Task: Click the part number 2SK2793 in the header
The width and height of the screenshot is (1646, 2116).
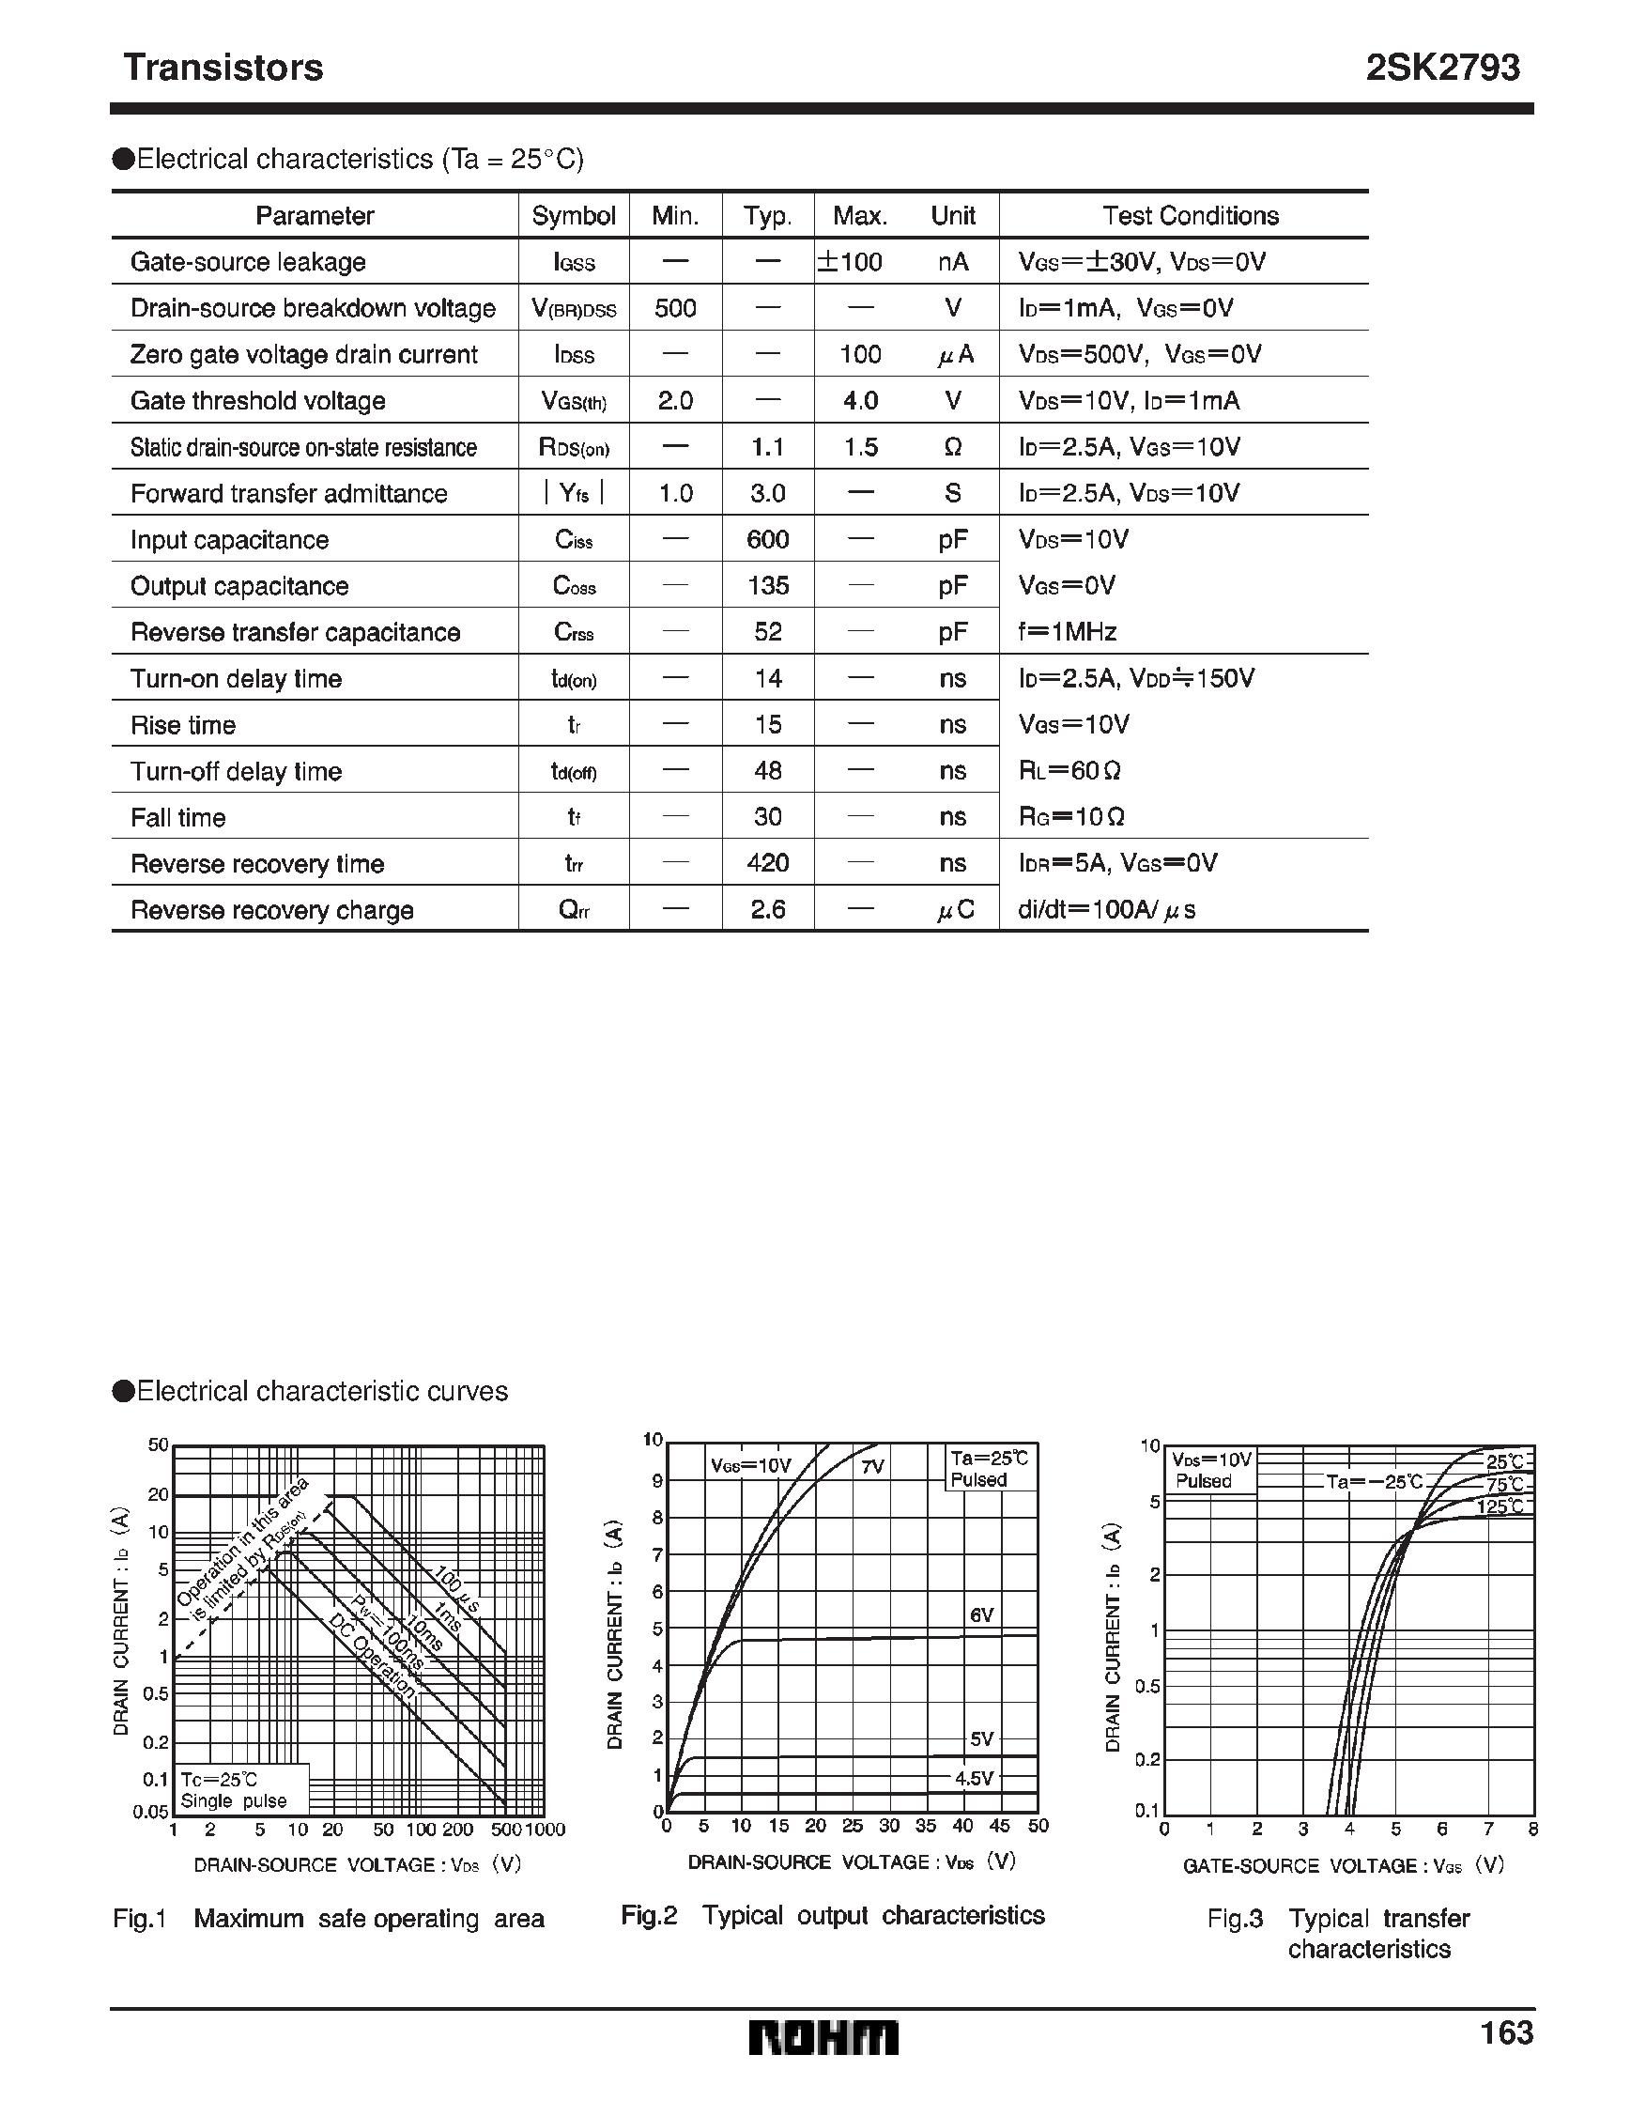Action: coord(1441,68)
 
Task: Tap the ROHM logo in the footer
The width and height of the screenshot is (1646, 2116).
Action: coord(823,2038)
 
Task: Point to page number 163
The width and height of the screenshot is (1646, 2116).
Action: coord(1506,2032)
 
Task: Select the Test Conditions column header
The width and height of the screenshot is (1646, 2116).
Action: coord(1190,215)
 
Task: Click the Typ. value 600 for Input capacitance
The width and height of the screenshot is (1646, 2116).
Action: coord(767,540)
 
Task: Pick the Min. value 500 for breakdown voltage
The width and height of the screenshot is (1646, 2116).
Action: coord(674,308)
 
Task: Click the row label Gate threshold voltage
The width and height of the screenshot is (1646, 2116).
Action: coord(257,401)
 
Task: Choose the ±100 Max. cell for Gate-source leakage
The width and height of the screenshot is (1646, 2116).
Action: coord(850,262)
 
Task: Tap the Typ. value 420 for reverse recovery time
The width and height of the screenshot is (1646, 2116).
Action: coord(767,863)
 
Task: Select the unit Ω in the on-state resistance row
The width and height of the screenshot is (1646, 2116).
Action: coord(952,448)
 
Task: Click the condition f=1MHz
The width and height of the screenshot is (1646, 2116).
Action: coord(1068,633)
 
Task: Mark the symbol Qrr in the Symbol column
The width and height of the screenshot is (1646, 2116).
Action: coord(574,910)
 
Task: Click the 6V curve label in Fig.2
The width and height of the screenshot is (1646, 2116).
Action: coord(981,1615)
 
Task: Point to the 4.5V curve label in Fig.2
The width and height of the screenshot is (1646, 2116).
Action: coord(974,1778)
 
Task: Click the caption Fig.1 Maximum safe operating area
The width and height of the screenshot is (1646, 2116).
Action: coord(329,1919)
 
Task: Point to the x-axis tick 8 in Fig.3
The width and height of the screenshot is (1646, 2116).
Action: coord(1532,1830)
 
